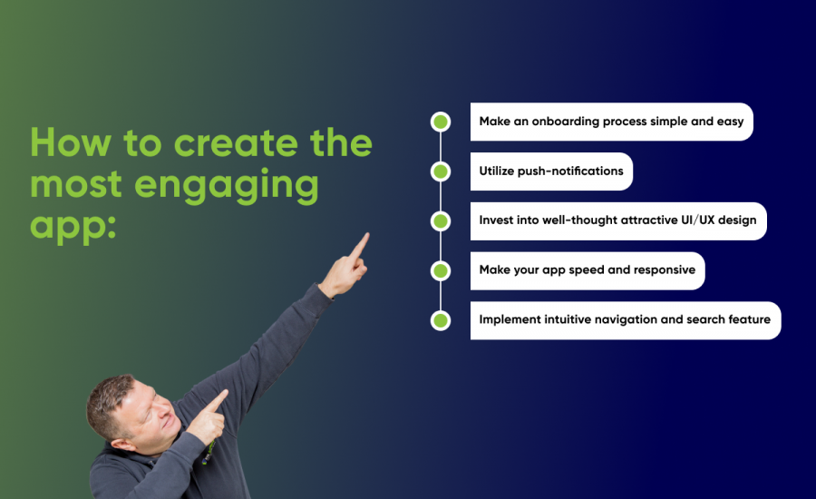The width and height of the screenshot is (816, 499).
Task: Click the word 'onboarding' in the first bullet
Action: (x=563, y=122)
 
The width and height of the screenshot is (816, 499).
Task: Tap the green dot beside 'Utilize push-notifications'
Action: (x=441, y=171)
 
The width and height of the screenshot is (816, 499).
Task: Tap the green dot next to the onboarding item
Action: (x=441, y=122)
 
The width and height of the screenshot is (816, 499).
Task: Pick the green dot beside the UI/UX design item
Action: (x=441, y=221)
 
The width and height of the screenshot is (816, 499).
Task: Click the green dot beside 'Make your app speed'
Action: (x=441, y=270)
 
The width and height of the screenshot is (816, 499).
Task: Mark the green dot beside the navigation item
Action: (x=441, y=320)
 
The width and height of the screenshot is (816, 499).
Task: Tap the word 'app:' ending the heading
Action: (x=73, y=225)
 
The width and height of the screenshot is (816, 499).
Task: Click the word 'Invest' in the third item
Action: (x=500, y=220)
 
